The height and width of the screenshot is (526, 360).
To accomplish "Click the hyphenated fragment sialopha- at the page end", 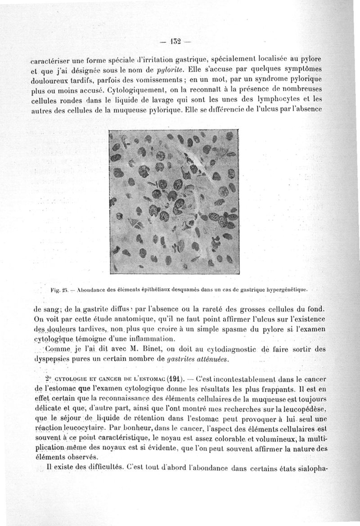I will pos(310,468).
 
